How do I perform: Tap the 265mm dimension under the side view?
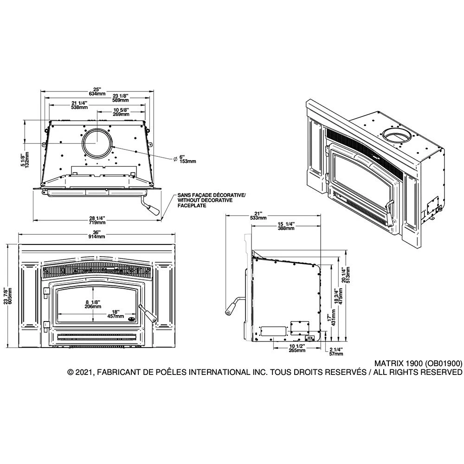297,348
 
